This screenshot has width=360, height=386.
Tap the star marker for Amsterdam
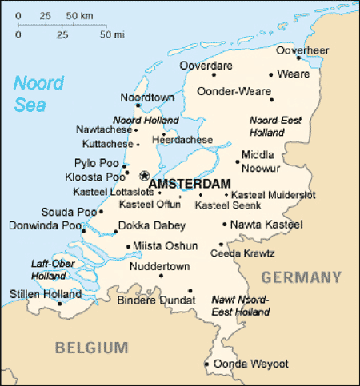pyautogui.click(x=144, y=176)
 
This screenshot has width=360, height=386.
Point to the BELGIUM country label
pyautogui.click(x=91, y=347)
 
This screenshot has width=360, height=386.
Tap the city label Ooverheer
pyautogui.click(x=302, y=50)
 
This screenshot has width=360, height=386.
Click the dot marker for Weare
pyautogui.click(x=272, y=74)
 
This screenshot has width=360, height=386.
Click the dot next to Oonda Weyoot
pyautogui.click(x=206, y=364)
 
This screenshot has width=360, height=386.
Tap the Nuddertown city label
pyautogui.click(x=159, y=265)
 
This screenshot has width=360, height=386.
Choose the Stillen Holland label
pyautogui.click(x=35, y=294)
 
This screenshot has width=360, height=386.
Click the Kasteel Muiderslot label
pyautogui.click(x=274, y=194)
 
